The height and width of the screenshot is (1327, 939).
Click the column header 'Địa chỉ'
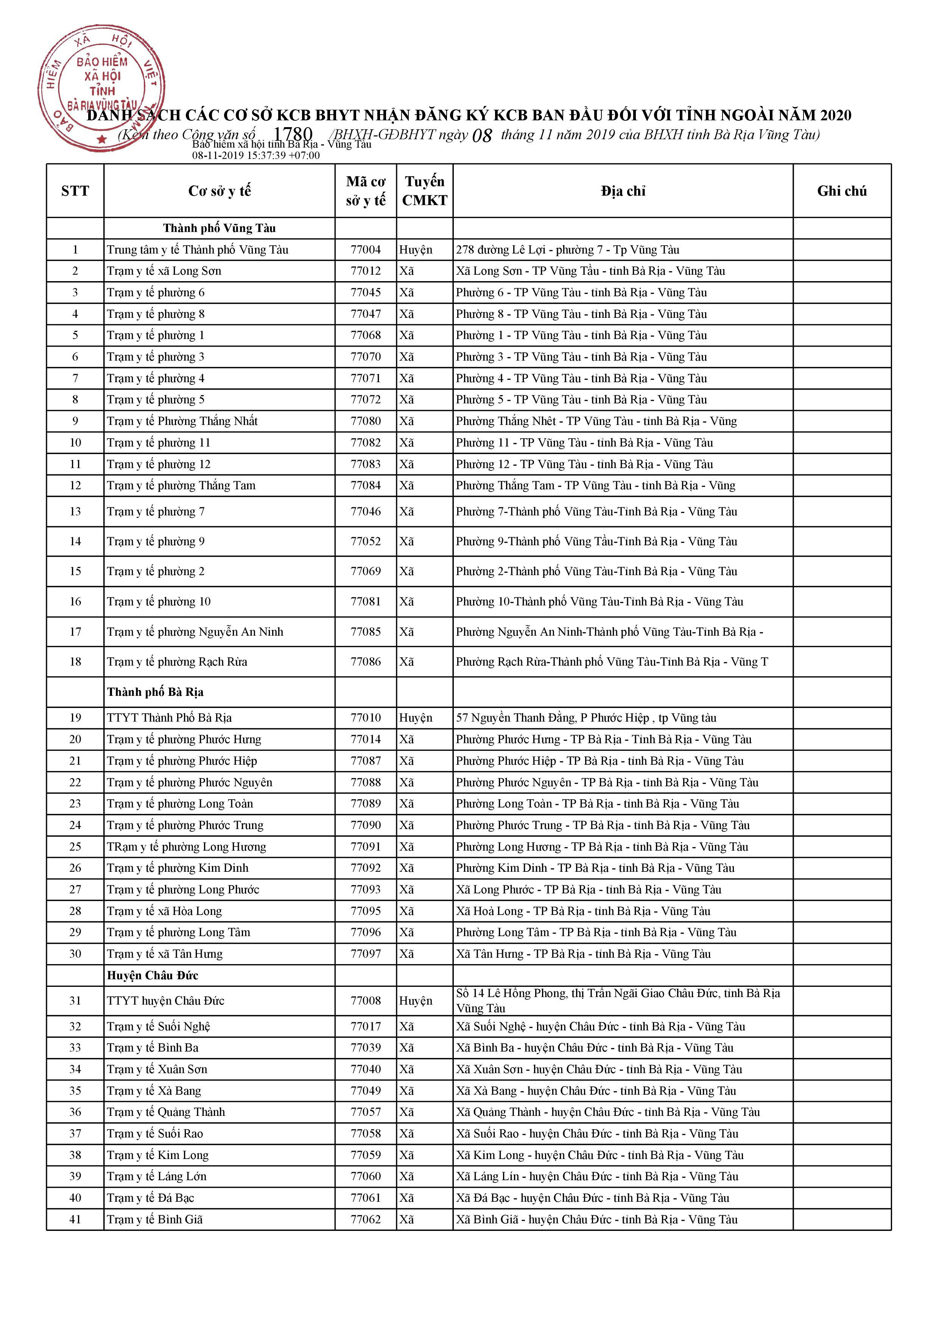point(623,191)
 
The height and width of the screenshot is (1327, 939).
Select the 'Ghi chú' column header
point(841,191)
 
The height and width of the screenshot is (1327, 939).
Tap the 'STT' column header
point(75,191)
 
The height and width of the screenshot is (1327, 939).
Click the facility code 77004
point(366,250)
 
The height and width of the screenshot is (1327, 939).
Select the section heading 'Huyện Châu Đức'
point(153,975)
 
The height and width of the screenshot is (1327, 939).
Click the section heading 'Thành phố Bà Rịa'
point(155,692)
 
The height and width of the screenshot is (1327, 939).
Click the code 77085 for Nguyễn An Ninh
point(366,632)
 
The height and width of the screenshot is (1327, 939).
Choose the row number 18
point(75,662)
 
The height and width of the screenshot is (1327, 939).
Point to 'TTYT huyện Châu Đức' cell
point(165,1000)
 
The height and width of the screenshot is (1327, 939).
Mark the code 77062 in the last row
point(366,1220)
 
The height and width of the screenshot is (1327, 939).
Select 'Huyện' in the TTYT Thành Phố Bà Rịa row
point(415,718)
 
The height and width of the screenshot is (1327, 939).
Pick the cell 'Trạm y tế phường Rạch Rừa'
point(177,662)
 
